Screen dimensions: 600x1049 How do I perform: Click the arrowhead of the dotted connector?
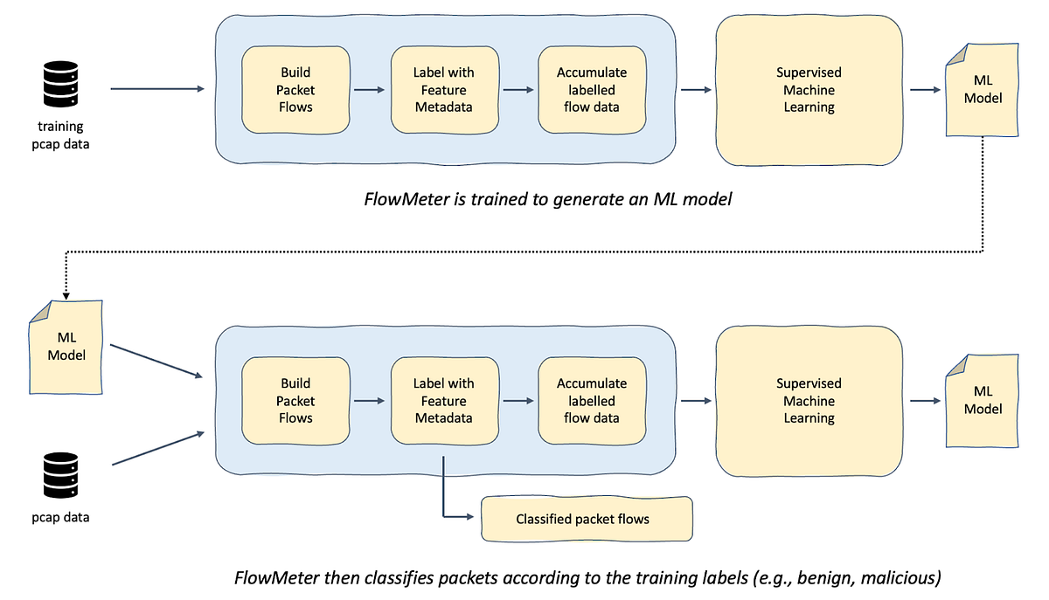point(66,294)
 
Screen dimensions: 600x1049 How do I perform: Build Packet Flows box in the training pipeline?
point(295,90)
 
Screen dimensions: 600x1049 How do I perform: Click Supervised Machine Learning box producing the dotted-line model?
point(809,90)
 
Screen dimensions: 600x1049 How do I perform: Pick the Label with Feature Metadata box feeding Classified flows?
point(443,401)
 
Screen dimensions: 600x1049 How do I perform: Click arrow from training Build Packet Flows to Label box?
point(370,90)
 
